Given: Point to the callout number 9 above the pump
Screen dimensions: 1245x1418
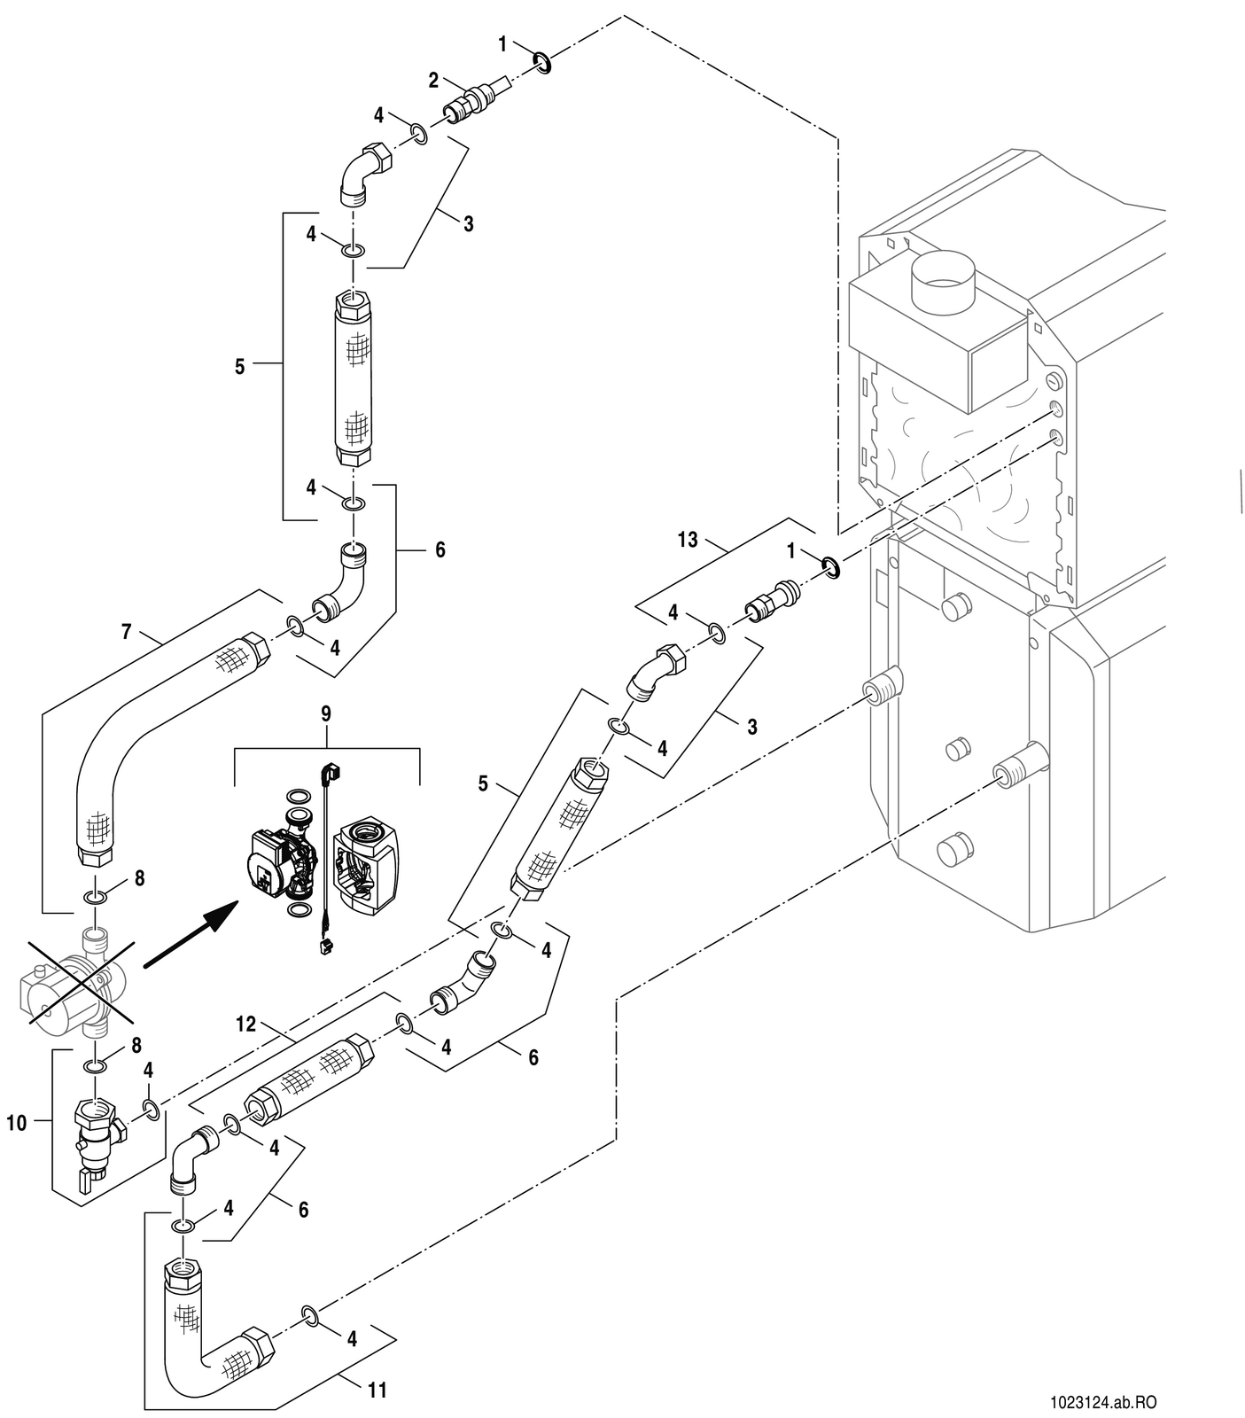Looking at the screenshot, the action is pyautogui.click(x=326, y=713).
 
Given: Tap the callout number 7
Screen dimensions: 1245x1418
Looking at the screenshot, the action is pyautogui.click(x=126, y=632).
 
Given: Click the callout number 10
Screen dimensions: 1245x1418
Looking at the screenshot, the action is pyautogui.click(x=17, y=1124).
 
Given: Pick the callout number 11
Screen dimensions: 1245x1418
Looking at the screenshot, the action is pyautogui.click(x=377, y=1390).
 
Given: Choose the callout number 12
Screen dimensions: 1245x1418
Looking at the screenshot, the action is pyautogui.click(x=245, y=1024).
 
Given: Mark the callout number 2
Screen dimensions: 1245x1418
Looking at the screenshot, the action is pyautogui.click(x=433, y=81).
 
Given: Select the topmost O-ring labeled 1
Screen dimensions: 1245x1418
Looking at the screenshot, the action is pyautogui.click(x=541, y=62).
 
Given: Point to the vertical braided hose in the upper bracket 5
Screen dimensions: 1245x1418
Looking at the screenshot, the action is pyautogui.click(x=354, y=378).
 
